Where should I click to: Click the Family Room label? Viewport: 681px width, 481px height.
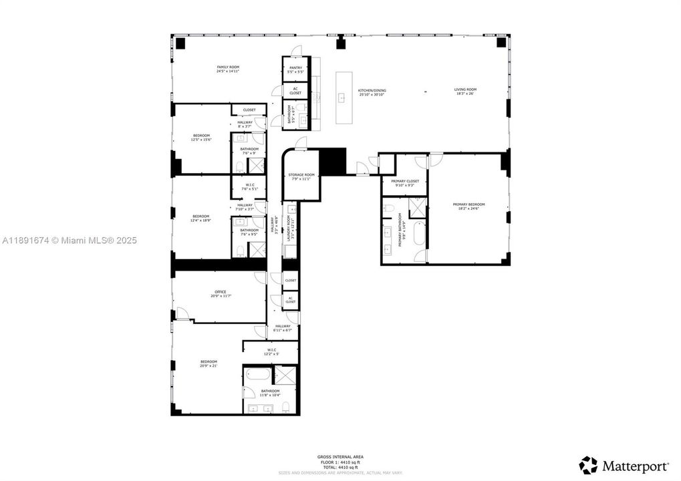tap(228, 69)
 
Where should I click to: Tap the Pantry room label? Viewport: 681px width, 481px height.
tap(295, 69)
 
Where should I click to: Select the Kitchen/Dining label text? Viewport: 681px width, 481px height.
tap(372, 92)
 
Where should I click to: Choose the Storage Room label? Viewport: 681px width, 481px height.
tap(301, 176)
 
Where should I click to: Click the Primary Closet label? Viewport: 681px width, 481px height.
tap(404, 182)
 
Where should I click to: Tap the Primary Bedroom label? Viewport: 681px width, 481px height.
tap(468, 206)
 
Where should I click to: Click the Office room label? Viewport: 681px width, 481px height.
tap(220, 294)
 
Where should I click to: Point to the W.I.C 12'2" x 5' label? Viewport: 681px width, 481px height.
tap(271, 351)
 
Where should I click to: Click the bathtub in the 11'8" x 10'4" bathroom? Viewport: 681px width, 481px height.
tap(257, 374)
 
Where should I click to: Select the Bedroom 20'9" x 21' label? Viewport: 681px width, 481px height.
tap(209, 364)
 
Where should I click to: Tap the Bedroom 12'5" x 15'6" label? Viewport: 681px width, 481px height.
tap(201, 137)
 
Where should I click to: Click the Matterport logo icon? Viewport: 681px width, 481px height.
tap(588, 465)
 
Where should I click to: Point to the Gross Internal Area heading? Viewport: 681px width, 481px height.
tap(340, 457)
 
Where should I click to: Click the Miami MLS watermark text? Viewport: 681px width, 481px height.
tap(68, 240)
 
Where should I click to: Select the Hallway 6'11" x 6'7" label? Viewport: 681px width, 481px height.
tap(283, 328)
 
